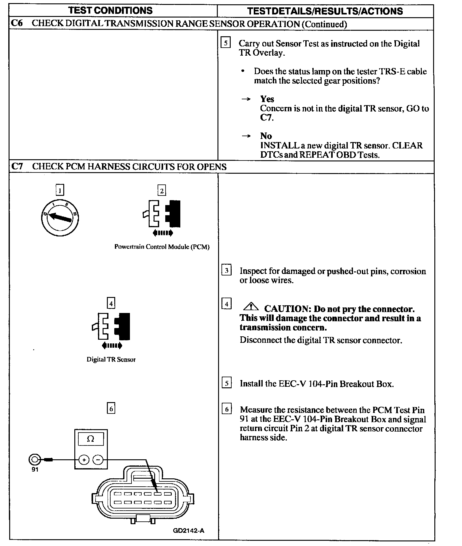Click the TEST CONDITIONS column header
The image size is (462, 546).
point(111,10)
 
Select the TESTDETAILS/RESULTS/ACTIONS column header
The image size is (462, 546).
point(325,11)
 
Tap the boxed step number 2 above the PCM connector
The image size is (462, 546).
point(162,191)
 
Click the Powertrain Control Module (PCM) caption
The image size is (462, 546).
point(162,247)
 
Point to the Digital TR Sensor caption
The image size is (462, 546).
point(111,360)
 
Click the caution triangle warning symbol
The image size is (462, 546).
point(251,307)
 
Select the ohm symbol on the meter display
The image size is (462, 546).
point(91,439)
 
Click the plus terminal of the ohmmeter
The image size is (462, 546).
point(84,460)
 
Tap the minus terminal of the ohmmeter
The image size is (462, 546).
point(98,460)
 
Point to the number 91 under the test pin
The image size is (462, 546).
point(35,470)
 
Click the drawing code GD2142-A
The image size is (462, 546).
point(189,530)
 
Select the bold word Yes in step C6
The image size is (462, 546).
point(267,99)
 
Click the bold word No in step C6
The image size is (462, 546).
point(266,136)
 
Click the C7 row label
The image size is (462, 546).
point(17,167)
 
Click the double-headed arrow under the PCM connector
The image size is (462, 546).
point(163,233)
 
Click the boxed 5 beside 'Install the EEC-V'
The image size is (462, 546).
point(226,383)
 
